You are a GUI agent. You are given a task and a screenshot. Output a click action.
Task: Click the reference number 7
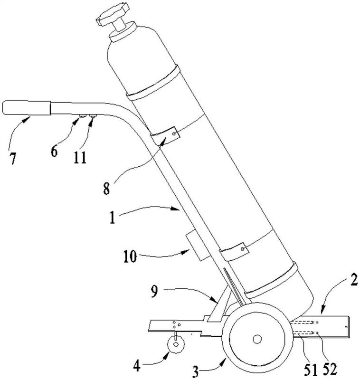tap(13, 159)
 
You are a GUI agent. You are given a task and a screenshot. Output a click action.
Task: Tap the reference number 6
tap(54, 151)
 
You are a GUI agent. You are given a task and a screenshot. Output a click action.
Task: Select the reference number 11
tap(80, 158)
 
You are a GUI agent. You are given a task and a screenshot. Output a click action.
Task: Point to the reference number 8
tap(106, 189)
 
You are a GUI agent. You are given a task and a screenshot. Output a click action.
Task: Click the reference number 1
tap(112, 218)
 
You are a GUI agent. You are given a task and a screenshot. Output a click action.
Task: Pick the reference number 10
tap(130, 256)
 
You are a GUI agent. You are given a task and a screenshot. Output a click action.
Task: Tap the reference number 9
tap(154, 291)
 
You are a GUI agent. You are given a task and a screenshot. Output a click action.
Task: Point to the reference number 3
tap(196, 372)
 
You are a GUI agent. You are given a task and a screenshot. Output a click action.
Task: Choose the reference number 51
tap(311, 370)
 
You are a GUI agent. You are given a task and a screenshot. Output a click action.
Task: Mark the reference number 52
tap(330, 370)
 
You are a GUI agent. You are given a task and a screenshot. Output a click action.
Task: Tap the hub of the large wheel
tap(257, 339)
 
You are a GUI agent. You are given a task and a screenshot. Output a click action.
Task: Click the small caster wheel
tap(176, 344)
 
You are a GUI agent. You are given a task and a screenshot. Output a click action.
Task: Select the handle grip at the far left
tap(27, 108)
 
